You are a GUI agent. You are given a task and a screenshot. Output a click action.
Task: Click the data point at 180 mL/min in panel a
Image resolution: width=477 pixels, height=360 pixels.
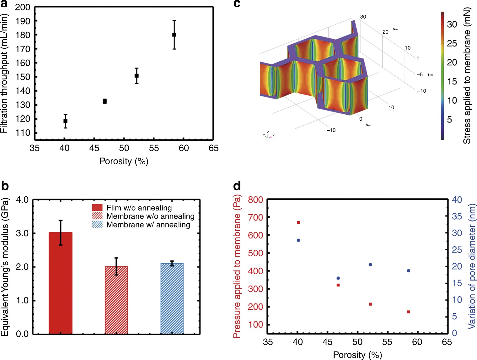[174, 35]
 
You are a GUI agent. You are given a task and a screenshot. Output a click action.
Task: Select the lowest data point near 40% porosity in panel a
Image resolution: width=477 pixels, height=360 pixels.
[65, 121]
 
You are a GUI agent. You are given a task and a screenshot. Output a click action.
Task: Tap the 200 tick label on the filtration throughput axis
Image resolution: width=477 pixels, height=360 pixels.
[23, 7]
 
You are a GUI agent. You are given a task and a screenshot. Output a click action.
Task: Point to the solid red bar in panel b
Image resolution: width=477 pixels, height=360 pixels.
[61, 283]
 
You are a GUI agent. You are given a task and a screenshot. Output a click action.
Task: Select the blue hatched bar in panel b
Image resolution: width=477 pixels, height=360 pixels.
[172, 298]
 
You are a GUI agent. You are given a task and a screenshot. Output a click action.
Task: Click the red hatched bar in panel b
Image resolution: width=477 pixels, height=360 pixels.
[116, 300]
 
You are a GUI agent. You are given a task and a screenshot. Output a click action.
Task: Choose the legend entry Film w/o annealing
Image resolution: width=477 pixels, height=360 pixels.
[139, 208]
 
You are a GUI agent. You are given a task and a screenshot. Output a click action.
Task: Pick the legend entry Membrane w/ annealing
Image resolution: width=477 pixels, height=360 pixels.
[148, 225]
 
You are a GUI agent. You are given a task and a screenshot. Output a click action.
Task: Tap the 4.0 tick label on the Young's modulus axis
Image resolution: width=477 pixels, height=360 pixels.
[22, 200]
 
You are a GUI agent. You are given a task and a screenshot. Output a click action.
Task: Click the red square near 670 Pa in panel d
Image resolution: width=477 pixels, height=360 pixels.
[298, 222]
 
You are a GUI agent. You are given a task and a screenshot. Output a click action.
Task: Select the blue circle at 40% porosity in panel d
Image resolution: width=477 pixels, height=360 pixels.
[298, 240]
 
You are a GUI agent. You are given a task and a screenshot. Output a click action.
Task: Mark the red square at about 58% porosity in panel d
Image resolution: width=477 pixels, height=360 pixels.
[409, 312]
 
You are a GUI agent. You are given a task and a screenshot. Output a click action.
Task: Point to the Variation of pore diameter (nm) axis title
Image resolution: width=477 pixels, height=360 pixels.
[472, 266]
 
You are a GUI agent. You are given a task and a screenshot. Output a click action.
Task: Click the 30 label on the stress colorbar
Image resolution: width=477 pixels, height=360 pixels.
[452, 24]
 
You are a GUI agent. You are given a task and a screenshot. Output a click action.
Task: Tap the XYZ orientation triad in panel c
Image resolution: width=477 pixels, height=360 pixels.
[268, 135]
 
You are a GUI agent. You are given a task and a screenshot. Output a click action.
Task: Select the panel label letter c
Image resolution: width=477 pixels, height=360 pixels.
[237, 4]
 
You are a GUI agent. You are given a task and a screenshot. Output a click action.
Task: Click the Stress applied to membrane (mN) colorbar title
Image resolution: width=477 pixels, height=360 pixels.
[467, 75]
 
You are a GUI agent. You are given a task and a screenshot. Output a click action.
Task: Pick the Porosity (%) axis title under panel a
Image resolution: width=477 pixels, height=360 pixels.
[124, 161]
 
